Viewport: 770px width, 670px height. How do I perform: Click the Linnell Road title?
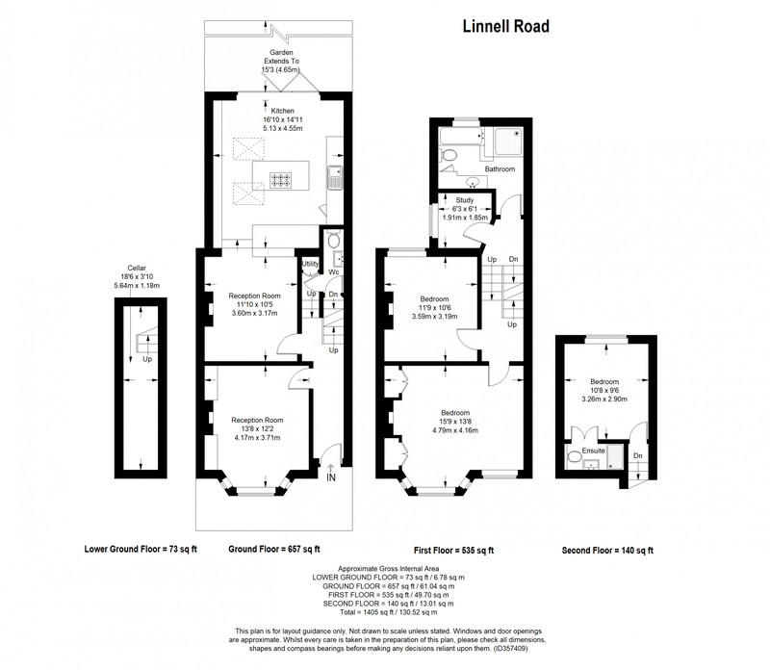(506, 27)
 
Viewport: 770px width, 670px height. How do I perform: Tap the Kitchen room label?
(282, 111)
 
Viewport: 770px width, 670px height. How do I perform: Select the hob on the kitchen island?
(280, 180)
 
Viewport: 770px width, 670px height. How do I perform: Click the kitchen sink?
(335, 178)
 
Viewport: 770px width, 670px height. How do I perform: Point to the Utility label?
(310, 264)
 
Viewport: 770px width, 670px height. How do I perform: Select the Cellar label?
(137, 269)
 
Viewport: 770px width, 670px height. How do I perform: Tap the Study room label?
(465, 200)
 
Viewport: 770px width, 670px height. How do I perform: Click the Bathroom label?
(500, 169)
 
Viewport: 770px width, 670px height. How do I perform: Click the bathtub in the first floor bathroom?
(461, 136)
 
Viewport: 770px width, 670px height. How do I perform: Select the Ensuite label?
(593, 451)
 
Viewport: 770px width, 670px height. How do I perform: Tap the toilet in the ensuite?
(574, 457)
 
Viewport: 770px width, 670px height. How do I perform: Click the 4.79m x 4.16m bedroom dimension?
(454, 430)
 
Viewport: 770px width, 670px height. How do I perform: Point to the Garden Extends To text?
(281, 57)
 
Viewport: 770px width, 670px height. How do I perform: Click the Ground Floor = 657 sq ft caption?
(274, 549)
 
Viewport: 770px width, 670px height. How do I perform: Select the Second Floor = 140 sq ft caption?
(607, 551)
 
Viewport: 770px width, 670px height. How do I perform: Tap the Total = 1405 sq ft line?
(389, 612)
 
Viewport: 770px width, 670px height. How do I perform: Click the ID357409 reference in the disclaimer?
(510, 649)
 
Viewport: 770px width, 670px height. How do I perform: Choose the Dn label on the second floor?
(637, 456)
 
